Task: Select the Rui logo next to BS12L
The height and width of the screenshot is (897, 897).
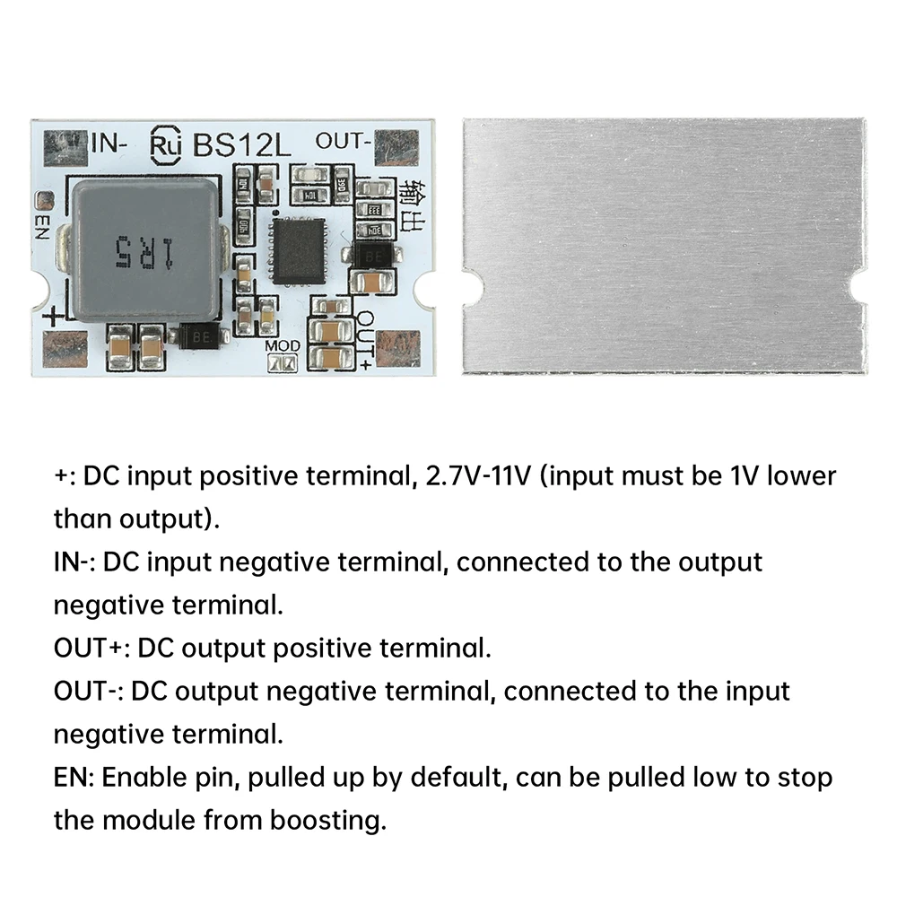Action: (x=166, y=145)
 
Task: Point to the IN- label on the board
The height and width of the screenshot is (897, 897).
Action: (x=111, y=142)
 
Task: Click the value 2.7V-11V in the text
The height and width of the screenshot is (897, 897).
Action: (x=480, y=475)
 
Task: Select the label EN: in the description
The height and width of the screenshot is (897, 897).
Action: (x=74, y=777)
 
